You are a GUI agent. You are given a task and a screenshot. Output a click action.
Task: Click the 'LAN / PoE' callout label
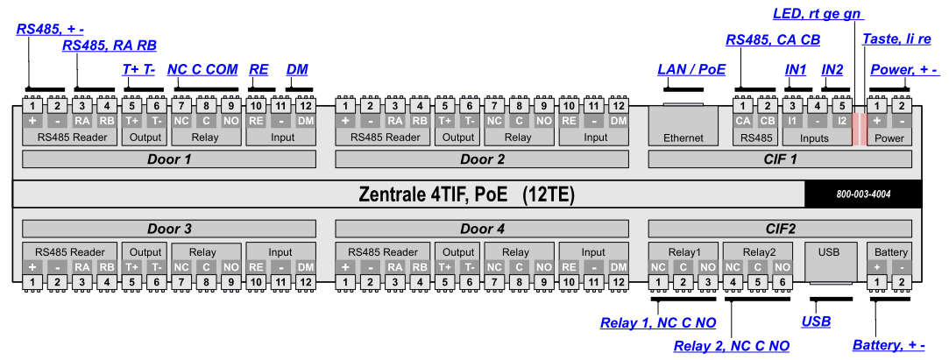pos(691,69)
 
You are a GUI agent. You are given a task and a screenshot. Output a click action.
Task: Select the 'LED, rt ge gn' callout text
pos(818,13)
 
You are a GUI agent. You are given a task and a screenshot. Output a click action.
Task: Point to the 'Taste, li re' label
pos(896,40)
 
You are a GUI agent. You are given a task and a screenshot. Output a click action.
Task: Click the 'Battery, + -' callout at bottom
pos(889,345)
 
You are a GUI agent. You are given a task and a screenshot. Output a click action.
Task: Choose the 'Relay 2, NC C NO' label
pos(731,346)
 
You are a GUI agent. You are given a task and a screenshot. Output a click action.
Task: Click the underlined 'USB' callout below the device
pos(816,321)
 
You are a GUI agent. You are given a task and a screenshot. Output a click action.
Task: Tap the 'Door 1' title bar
pos(168,159)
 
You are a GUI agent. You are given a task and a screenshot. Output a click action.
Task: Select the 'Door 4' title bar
pos(482,229)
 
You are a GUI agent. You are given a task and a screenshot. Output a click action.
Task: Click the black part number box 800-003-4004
pos(862,194)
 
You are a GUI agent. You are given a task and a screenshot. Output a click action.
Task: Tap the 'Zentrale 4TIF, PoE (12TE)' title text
pos(467,194)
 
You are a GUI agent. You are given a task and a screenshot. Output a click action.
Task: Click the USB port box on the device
pos(829,260)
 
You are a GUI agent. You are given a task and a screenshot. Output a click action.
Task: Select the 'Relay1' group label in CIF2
pos(683,251)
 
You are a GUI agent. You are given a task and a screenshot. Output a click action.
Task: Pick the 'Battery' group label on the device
pos(889,251)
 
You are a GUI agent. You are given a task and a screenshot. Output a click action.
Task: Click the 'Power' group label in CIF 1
pos(889,138)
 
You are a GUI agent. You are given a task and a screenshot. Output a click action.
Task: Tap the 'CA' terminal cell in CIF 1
pos(743,121)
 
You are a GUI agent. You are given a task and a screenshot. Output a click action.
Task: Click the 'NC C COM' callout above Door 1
pos(202,69)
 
